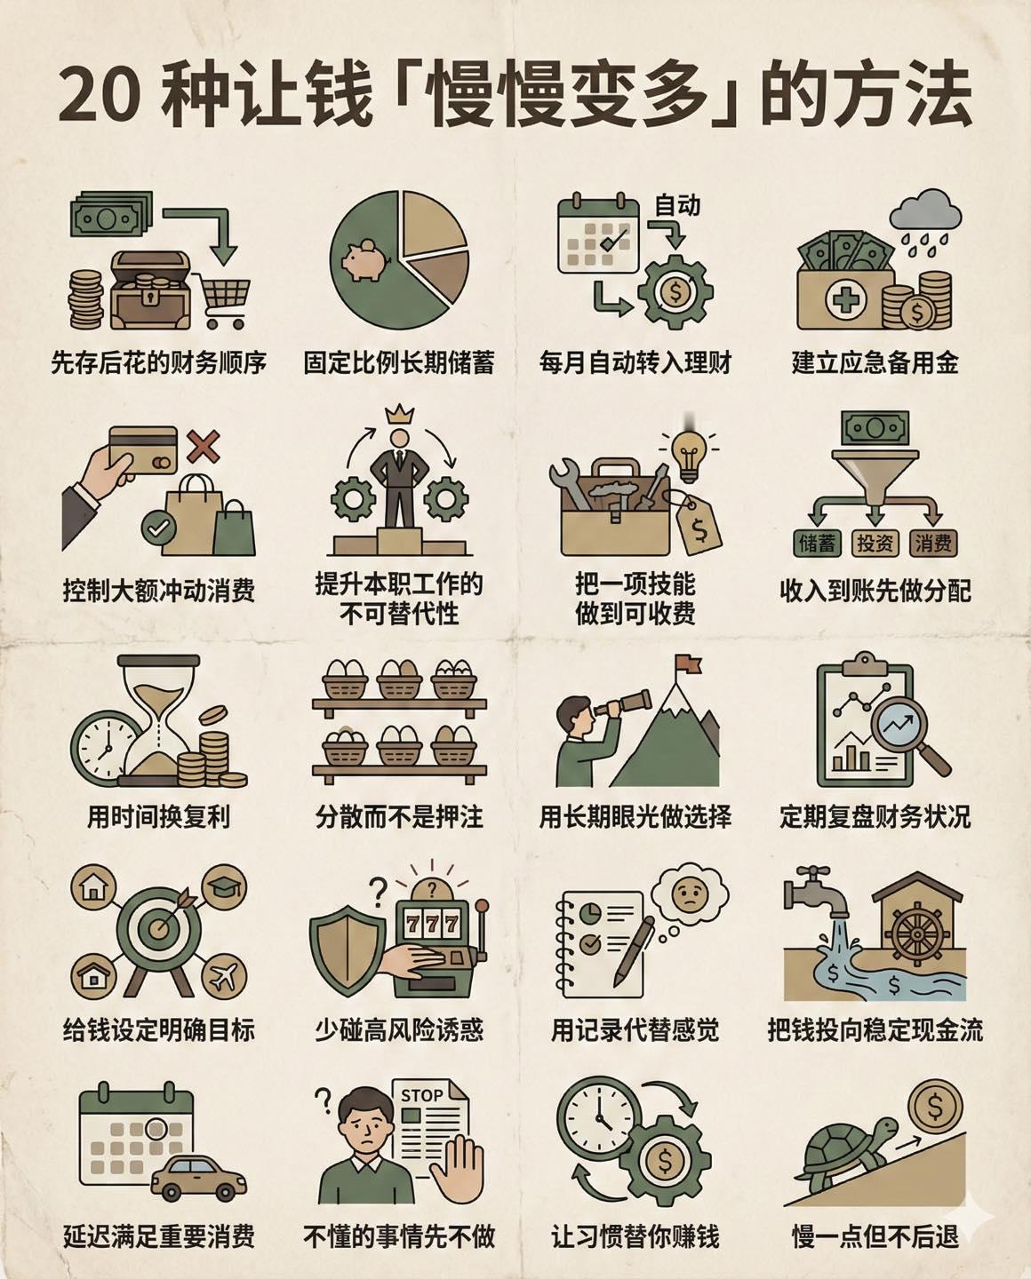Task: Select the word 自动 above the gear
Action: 677,205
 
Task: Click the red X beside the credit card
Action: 203,445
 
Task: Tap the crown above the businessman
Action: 399,414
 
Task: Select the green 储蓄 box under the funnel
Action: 817,543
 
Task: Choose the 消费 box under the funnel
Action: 932,543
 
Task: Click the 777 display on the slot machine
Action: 432,923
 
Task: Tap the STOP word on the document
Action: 422,1095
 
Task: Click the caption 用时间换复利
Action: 158,815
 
